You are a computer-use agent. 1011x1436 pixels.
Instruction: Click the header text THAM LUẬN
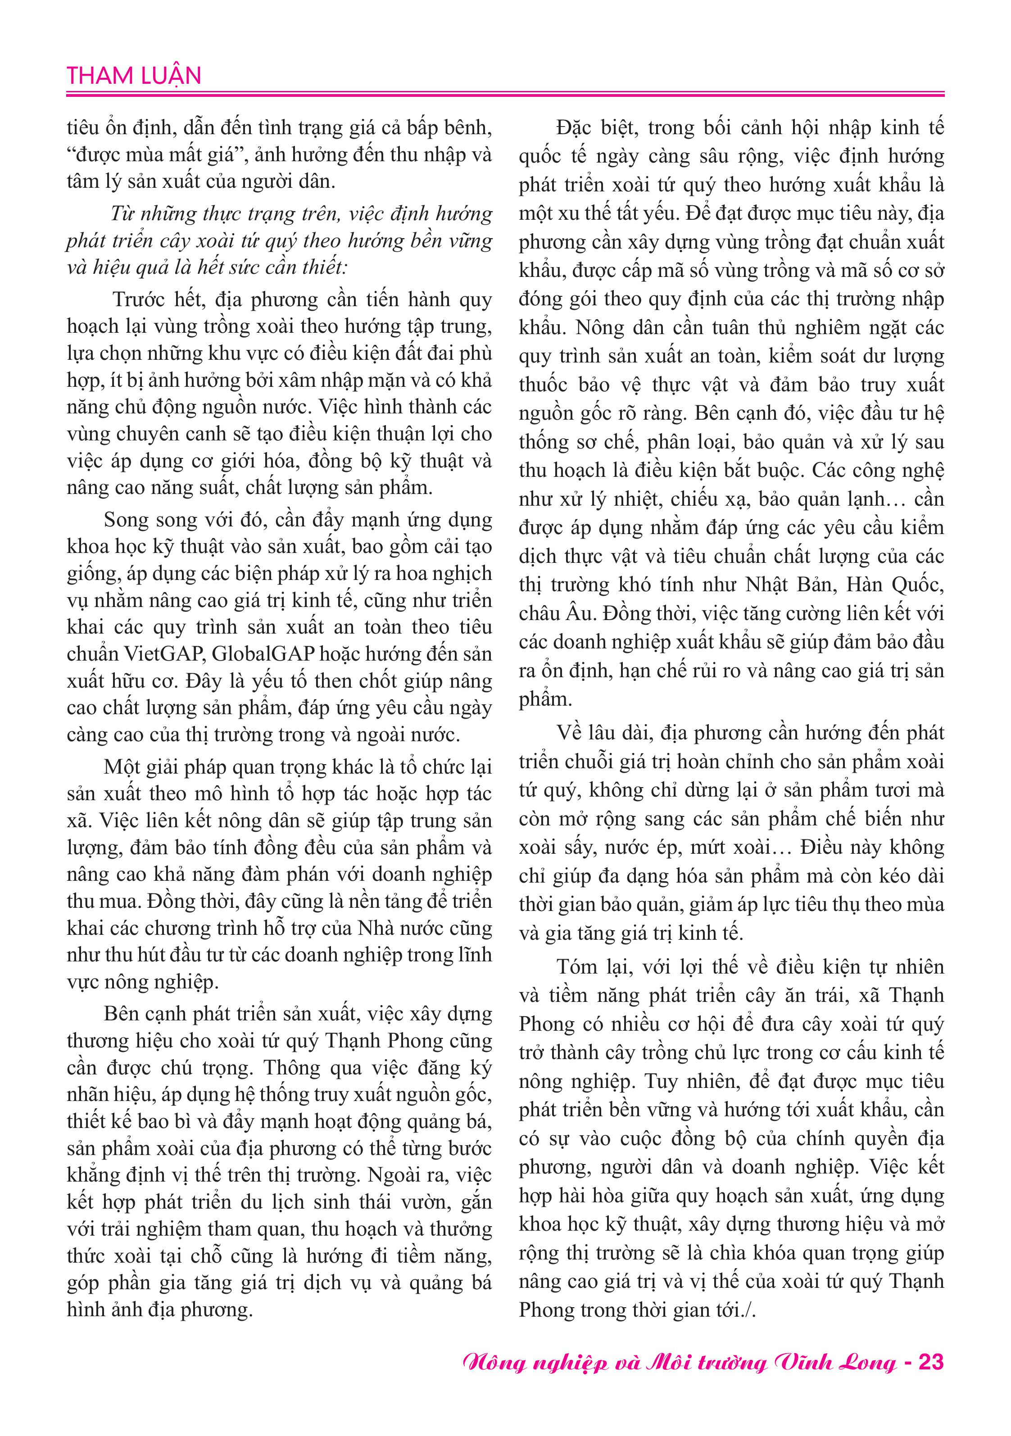(134, 76)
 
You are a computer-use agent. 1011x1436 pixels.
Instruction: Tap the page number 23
(931, 1362)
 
